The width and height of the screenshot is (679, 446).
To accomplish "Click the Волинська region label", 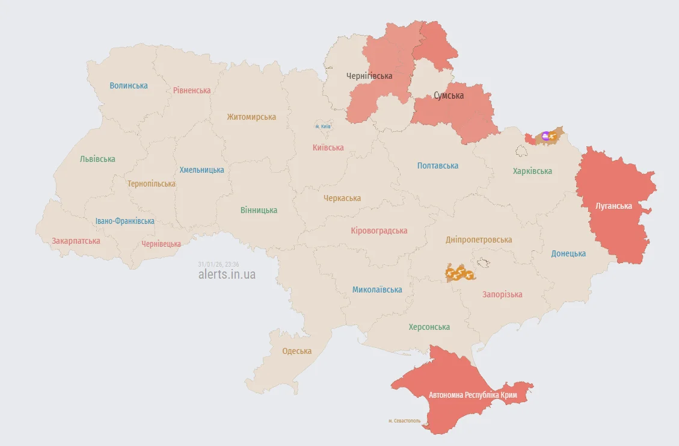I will point(129,85).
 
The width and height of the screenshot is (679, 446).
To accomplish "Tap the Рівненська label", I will point(192,90).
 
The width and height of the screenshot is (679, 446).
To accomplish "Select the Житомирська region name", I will point(251,117).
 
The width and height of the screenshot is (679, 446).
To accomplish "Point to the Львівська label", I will point(97,159).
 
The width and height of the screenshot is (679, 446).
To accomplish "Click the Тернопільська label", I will point(151,184).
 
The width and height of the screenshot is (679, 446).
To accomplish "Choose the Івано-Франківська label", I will point(124,221).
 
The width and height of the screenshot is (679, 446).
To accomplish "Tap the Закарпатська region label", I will point(76,241).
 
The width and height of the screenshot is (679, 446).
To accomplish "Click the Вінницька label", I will point(259,210).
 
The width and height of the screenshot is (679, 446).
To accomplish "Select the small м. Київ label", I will point(323,126).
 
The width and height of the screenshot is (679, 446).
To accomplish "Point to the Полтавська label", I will point(438,166).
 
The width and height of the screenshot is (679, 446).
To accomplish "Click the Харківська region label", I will point(532,171).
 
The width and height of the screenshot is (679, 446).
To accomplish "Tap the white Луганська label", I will point(613,206).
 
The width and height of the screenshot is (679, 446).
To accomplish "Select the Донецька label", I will point(568,253).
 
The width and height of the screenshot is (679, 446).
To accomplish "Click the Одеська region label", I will point(297,351).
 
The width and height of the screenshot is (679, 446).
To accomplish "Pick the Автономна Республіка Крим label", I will point(473,395).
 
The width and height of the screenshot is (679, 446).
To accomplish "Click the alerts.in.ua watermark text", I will point(227,274).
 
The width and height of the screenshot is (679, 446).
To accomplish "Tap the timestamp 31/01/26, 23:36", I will point(218,264).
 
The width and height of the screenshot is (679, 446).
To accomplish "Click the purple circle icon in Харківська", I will point(545,136).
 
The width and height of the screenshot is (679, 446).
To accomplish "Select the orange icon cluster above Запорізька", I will point(459,273).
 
